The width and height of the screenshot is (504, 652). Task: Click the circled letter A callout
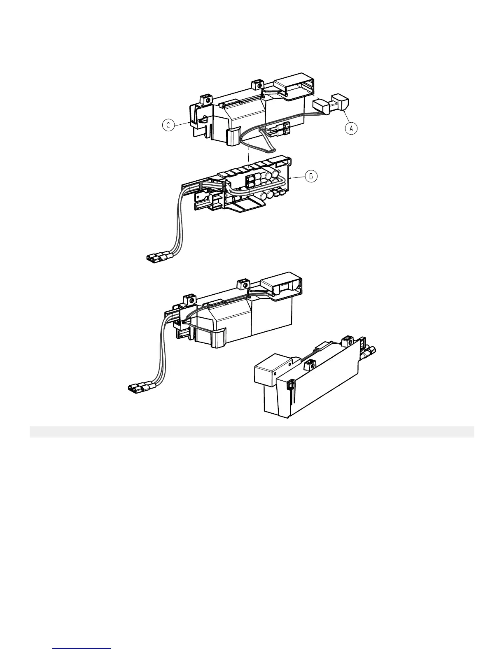[x=351, y=128]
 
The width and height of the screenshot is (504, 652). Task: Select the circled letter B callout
[x=311, y=177]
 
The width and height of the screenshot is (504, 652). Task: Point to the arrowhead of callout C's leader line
[x=190, y=122]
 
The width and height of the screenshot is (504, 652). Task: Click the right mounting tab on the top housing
[x=256, y=85]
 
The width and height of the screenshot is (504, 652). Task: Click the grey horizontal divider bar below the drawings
[x=252, y=432]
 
